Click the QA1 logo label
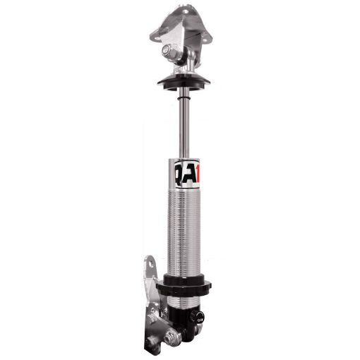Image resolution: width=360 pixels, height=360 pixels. (x=182, y=171)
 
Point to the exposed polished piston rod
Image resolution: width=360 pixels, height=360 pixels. (x=182, y=124)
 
